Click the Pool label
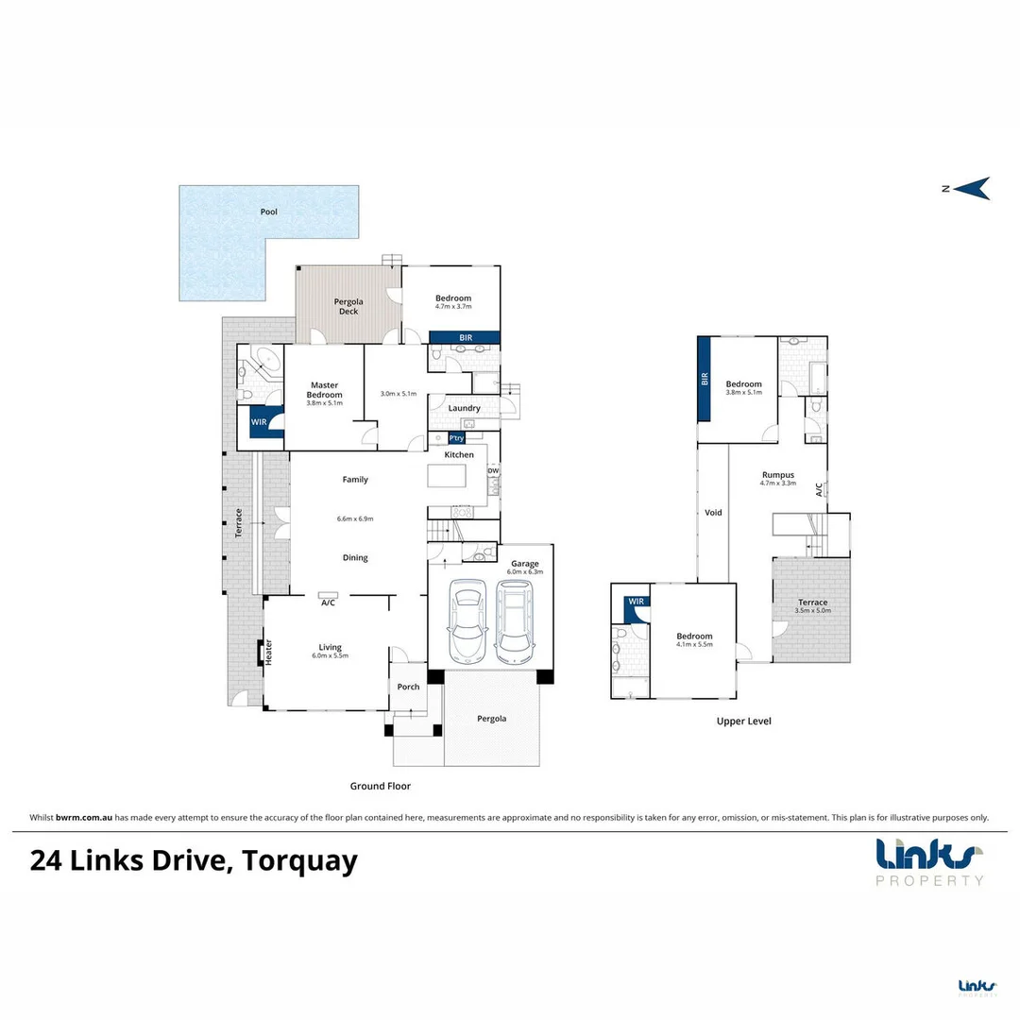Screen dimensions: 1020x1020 coord(269,212)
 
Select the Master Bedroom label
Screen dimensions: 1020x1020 coord(325,390)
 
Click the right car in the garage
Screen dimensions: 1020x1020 coord(515,621)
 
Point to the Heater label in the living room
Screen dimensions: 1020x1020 coord(268,651)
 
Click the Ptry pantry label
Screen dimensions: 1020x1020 coord(457,438)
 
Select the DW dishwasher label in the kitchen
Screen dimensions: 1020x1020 coord(492,470)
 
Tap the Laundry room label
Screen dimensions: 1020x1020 coord(464,408)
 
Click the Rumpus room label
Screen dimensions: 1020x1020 coord(778,475)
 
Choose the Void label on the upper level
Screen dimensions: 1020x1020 coord(713,512)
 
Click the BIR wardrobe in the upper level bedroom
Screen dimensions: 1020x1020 coord(705,380)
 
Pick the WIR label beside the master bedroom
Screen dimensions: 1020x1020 coord(259,421)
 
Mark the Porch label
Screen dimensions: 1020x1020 coord(408,687)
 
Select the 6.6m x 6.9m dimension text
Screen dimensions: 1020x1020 coord(355,518)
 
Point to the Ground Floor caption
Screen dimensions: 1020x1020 coord(381,786)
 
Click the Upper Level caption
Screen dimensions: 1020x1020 coord(743,721)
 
